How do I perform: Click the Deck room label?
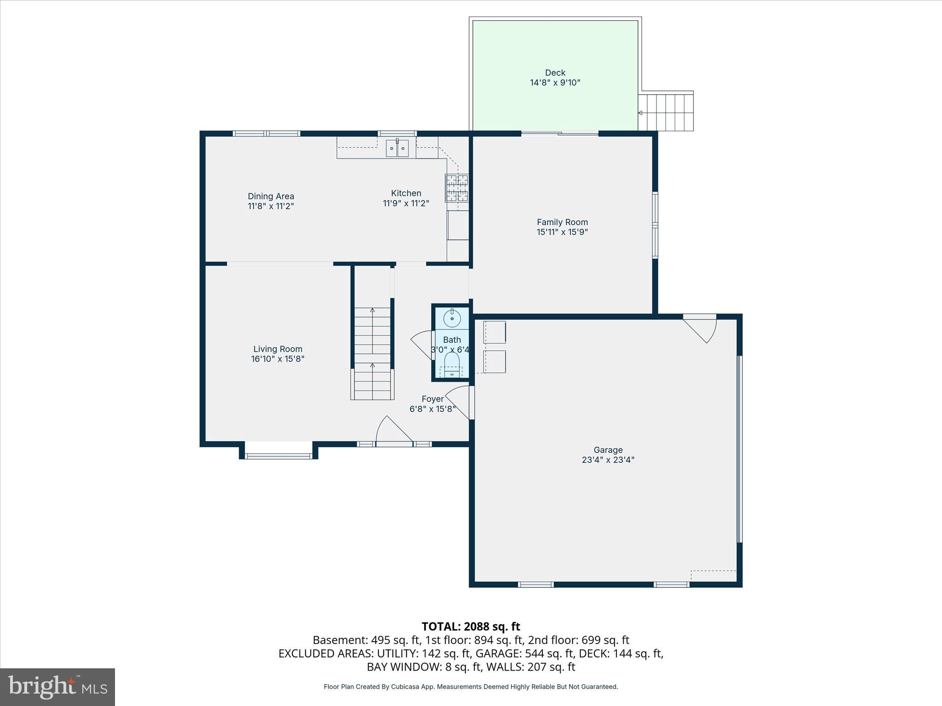pyautogui.click(x=555, y=73)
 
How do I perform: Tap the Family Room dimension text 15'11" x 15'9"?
pyautogui.click(x=562, y=232)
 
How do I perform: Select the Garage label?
pyautogui.click(x=608, y=450)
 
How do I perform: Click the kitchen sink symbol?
pyautogui.click(x=397, y=148)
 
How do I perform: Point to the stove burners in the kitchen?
pyautogui.click(x=456, y=188)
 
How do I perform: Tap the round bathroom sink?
pyautogui.click(x=452, y=318)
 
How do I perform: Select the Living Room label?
pyautogui.click(x=278, y=349)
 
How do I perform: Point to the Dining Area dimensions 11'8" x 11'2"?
pyautogui.click(x=271, y=206)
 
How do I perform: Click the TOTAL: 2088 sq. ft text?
pyautogui.click(x=471, y=626)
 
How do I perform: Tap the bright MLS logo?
pyautogui.click(x=57, y=687)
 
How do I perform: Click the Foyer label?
pyautogui.click(x=432, y=399)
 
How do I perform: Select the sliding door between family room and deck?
pyautogui.click(x=559, y=134)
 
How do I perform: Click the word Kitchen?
pyautogui.click(x=406, y=193)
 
